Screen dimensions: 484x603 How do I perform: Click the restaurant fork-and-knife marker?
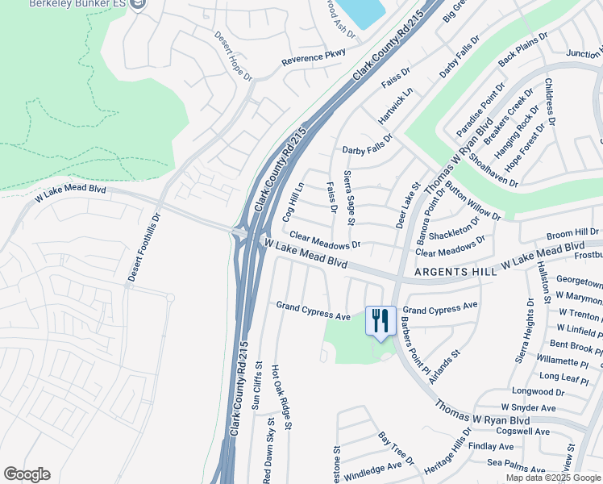click(381, 320)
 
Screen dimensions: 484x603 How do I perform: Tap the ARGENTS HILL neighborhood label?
click(455, 273)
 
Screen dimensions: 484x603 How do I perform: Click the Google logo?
click(27, 474)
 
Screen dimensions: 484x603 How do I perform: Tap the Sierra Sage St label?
click(350, 198)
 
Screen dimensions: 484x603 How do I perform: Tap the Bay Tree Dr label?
click(396, 449)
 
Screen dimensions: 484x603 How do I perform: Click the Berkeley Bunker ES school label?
click(77, 4)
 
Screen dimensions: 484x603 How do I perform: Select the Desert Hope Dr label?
click(235, 56)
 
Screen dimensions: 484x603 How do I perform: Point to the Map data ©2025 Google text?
click(552, 478)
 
